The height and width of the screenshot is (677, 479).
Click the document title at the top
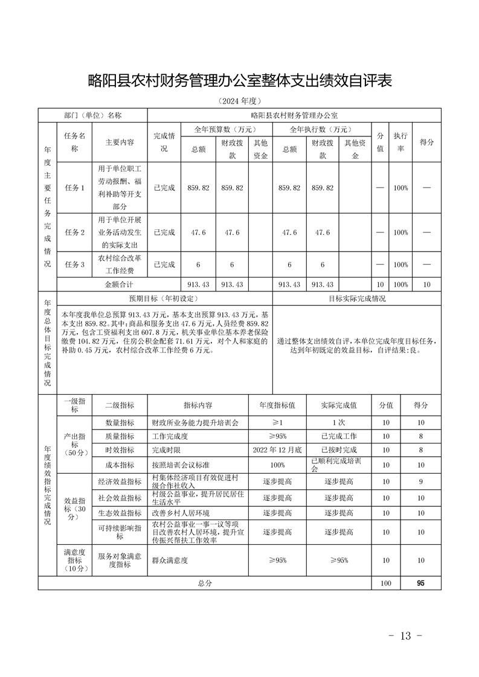point(240,81)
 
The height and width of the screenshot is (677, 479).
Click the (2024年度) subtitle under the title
point(240,101)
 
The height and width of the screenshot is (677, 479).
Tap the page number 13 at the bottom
point(405,635)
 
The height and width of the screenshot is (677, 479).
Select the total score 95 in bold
point(420,583)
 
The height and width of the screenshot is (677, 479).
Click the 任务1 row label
point(74,188)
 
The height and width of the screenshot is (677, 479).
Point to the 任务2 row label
point(74,232)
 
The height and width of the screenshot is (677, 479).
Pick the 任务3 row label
point(74,264)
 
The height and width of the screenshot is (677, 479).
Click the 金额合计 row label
point(118,284)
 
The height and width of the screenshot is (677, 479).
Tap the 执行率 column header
point(400,142)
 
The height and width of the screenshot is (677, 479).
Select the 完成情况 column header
point(164,142)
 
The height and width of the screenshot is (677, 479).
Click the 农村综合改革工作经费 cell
point(119,264)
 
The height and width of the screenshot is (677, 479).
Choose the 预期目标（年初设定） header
point(163,298)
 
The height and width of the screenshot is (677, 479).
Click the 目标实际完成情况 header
point(357,298)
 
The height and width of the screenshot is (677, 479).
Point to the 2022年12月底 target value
point(277,450)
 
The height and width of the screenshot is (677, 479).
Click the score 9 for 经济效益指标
point(420,482)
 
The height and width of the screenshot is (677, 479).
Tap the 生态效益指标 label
point(120,513)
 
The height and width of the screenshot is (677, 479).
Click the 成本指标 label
point(120,465)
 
